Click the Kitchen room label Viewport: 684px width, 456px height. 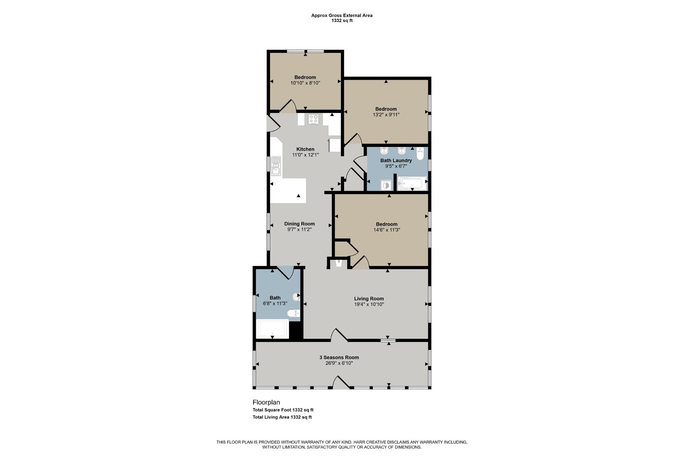pyautogui.click(x=305, y=149)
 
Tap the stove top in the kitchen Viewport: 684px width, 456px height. pyautogui.click(x=313, y=119)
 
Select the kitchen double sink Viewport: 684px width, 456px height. pyautogui.click(x=276, y=166)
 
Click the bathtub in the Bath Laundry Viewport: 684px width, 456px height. pyautogui.click(x=412, y=184)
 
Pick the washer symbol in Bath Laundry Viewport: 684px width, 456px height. pyautogui.click(x=386, y=185)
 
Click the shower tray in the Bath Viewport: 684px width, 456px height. pyautogui.click(x=272, y=329)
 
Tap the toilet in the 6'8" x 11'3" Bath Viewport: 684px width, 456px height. pyautogui.click(x=294, y=313)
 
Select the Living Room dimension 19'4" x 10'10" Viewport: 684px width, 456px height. pyautogui.click(x=369, y=305)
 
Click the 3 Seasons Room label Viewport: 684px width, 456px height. pyautogui.click(x=339, y=358)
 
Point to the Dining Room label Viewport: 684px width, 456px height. pyautogui.click(x=300, y=224)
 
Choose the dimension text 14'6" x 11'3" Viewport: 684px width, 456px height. pyautogui.click(x=387, y=230)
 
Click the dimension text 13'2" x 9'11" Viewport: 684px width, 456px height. pyautogui.click(x=386, y=115)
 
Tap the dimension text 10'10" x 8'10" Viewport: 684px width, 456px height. pyautogui.click(x=305, y=83)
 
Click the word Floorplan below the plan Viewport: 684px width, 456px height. pyautogui.click(x=266, y=403)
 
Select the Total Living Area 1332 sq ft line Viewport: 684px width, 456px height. pyautogui.click(x=282, y=417)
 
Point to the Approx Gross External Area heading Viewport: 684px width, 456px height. pyautogui.click(x=342, y=15)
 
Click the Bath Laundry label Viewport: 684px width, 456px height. pyautogui.click(x=396, y=161)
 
